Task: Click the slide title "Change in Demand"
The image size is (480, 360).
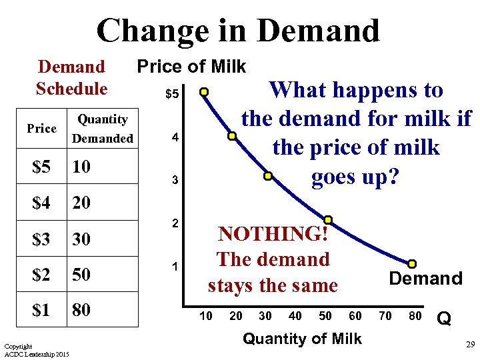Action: point(238,31)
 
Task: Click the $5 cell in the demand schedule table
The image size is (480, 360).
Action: point(41,167)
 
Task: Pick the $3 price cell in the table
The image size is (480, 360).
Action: point(41,238)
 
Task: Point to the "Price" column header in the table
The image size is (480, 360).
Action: point(41,129)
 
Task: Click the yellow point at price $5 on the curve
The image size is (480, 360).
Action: point(205,92)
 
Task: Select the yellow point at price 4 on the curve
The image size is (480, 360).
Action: point(232,136)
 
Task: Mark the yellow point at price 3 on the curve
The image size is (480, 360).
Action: point(267,177)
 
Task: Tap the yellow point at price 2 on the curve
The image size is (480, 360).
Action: point(328,219)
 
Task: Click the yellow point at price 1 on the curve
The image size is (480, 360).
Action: point(412,264)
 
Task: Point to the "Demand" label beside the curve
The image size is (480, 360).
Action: point(425,279)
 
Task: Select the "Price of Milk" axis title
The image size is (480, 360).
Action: point(191,66)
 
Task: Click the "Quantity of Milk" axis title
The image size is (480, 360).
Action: point(302,339)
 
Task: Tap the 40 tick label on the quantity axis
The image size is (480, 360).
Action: point(295,316)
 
